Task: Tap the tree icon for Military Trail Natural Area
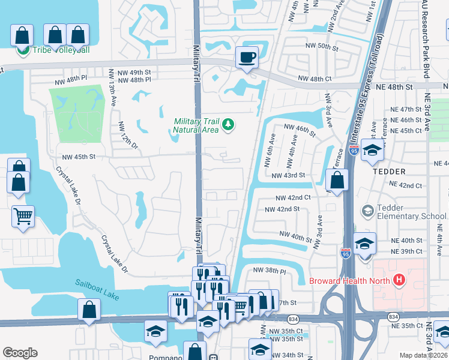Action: pos(228,125)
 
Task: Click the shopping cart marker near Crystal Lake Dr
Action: pos(23,216)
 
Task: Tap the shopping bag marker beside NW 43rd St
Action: pos(337,179)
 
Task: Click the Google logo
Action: pos(20,353)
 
